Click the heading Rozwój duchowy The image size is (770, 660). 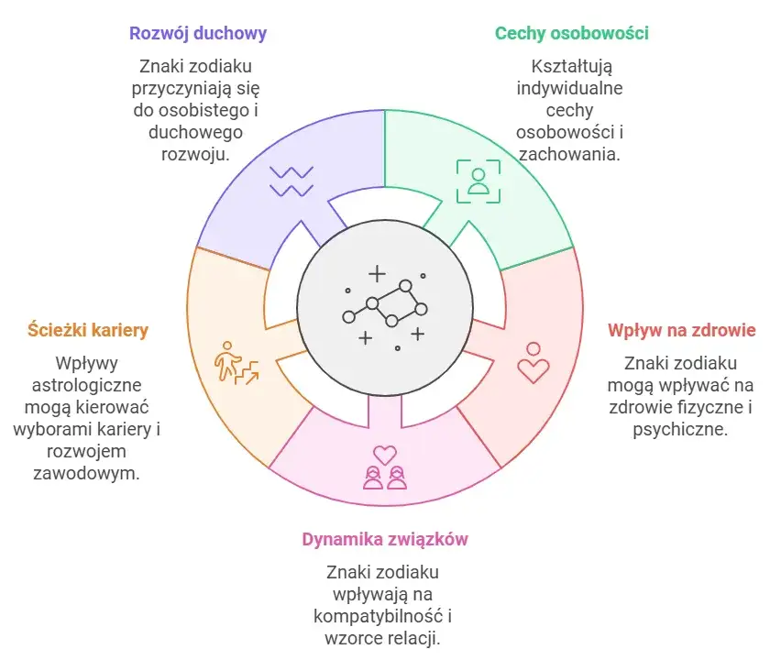(x=198, y=34)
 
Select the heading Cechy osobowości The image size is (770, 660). (x=571, y=34)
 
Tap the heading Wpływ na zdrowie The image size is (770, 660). (x=681, y=330)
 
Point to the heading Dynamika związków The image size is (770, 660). (x=385, y=539)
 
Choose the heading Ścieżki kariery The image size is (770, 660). (x=88, y=330)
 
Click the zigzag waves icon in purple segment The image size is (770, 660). (x=291, y=181)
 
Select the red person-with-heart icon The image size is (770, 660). (x=533, y=362)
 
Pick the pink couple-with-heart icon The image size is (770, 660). (x=385, y=467)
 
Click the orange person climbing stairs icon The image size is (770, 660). (x=236, y=363)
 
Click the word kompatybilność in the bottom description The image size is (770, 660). (x=378, y=616)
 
